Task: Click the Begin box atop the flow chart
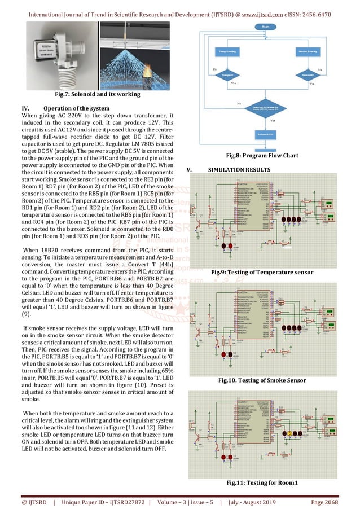click(x=264, y=27)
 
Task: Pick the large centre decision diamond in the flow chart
click(x=264, y=108)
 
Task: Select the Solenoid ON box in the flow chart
click(x=264, y=136)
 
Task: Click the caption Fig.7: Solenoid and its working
click(x=94, y=94)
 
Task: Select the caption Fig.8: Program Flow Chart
click(x=264, y=155)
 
